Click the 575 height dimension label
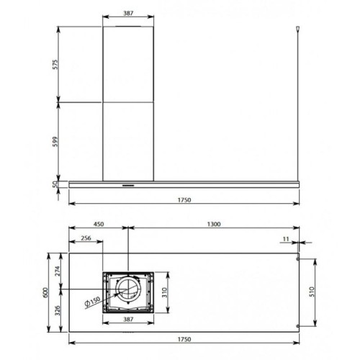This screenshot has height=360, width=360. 55,65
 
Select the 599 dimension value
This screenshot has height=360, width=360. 55,142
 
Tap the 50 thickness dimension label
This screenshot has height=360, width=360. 55,184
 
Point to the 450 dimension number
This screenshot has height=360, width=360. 99,224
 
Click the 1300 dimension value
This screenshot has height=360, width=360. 214,224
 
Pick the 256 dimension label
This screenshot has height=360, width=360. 86,238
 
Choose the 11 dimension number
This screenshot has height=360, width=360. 286,239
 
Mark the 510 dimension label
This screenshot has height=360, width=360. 312,292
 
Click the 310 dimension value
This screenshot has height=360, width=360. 164,292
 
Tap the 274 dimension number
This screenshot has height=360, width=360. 58,271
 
